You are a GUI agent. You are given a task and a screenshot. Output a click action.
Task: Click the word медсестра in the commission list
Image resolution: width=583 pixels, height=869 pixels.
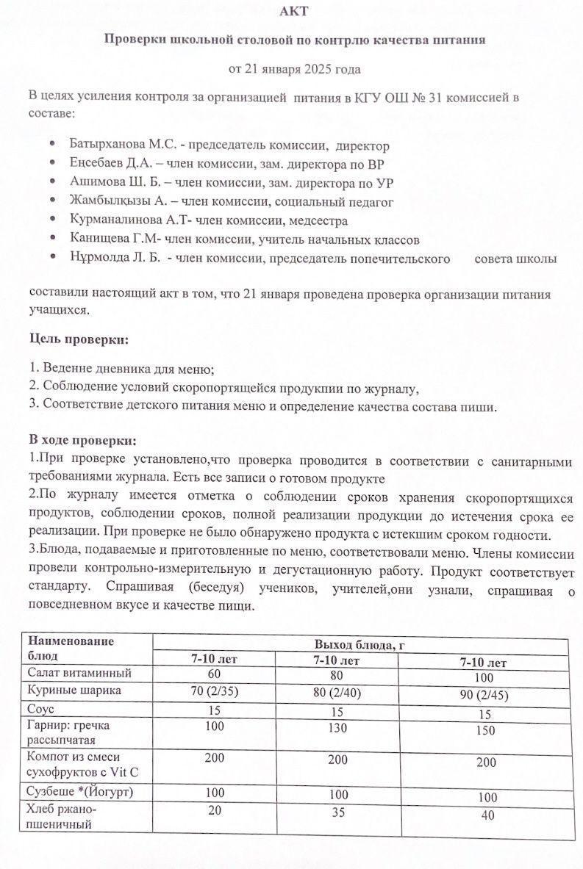pos(312,220)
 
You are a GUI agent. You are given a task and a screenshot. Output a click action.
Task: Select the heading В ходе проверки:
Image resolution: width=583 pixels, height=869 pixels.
pos(82,441)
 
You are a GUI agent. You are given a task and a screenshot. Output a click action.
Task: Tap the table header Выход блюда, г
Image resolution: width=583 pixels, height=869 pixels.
pos(360,646)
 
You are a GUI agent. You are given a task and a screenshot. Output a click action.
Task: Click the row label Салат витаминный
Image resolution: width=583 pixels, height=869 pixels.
pos(79,673)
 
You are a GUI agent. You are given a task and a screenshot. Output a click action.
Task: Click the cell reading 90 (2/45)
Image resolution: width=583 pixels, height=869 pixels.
pos(483,695)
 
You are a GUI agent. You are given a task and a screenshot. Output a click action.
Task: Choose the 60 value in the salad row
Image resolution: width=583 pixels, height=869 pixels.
pos(214,673)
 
